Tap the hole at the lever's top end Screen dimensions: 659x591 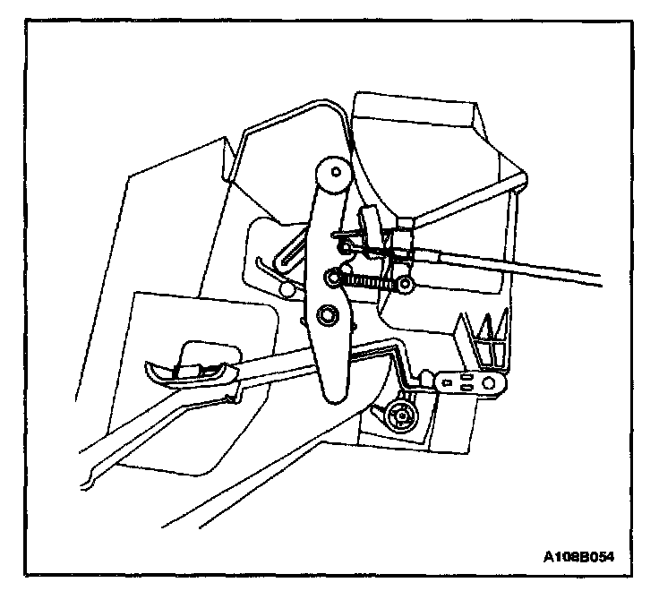tap(333, 170)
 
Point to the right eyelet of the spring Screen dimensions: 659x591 tap(406, 285)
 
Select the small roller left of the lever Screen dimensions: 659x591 tap(287, 288)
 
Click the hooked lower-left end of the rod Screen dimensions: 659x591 tap(90, 484)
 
